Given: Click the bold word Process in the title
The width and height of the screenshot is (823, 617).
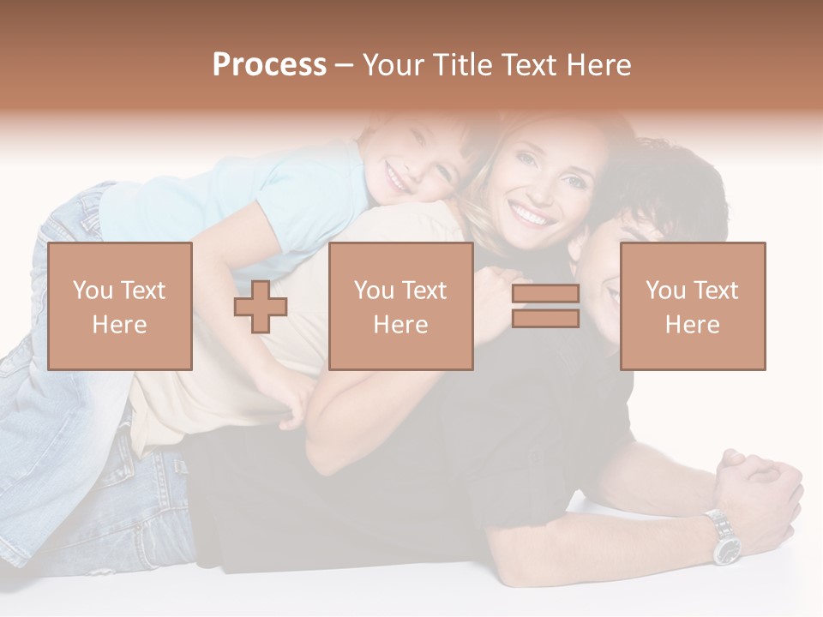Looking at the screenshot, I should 269,65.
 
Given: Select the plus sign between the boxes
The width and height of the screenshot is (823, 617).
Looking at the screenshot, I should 261,307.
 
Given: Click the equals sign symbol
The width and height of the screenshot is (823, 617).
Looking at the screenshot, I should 545,306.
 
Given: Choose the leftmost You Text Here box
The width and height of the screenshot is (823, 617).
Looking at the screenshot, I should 120,307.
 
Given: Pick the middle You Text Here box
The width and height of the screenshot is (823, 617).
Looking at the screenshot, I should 401,307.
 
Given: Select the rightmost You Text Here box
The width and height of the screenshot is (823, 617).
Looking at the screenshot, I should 693,307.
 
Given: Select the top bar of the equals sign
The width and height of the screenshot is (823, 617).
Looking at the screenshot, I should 545,294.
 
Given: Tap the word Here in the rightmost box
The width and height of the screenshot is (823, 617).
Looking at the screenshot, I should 693,325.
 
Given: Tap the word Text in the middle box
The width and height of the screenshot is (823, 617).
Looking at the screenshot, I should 423,291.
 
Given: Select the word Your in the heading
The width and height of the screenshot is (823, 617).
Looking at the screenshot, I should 395,65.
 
